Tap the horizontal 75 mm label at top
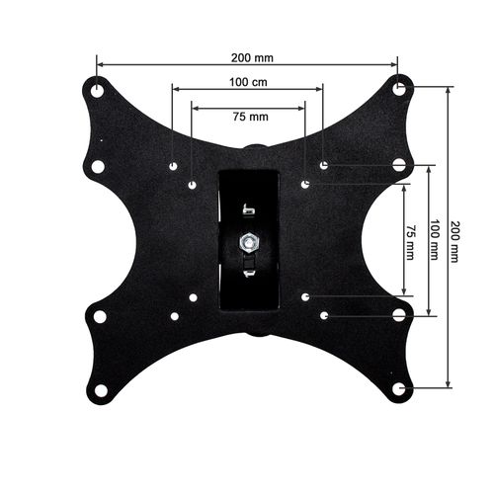point(249,116)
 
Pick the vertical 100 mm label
point(435,239)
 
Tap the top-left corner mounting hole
point(97,87)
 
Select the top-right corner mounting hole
point(399,88)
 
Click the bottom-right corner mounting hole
point(399,388)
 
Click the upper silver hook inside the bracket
point(248,208)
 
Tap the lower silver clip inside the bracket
point(250,268)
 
